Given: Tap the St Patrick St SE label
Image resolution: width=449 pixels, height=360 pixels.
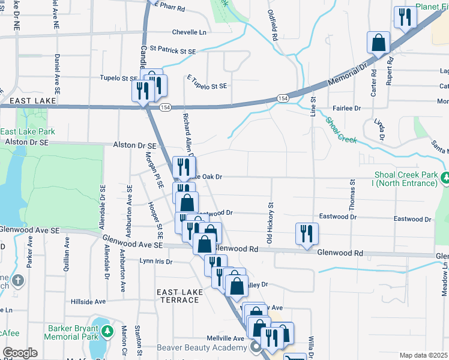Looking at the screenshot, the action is [173, 52].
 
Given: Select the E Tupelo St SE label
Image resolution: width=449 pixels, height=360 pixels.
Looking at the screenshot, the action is [207, 86].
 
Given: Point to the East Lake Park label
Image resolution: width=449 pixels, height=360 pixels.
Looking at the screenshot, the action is [28, 131].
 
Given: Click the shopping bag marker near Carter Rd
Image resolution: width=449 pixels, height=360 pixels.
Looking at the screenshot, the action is [379, 43].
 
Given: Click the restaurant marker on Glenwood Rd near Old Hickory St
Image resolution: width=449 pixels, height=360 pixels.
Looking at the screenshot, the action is [307, 233].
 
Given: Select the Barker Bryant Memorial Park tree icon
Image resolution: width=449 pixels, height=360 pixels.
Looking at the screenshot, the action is [107, 331].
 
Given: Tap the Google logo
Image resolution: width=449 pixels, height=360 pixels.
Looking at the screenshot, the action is [20, 353].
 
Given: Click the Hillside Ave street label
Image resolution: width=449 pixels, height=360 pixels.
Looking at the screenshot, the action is [88, 301].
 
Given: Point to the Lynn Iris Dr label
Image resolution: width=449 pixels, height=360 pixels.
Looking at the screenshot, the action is [155, 262].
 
